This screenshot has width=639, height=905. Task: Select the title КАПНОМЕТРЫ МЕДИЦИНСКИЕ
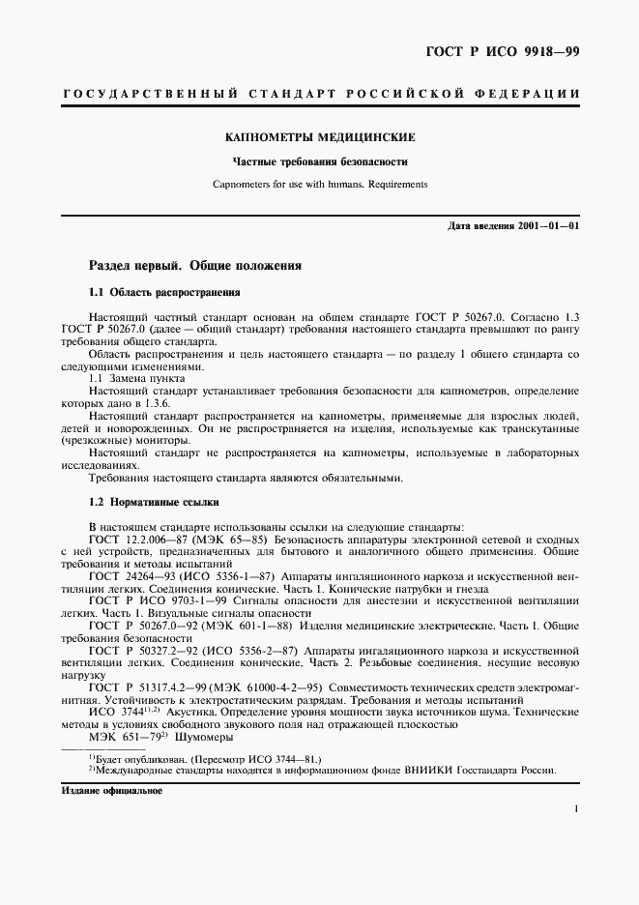[x=320, y=138]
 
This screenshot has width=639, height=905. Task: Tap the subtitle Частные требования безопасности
[x=319, y=162]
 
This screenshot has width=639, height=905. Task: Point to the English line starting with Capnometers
[x=319, y=184]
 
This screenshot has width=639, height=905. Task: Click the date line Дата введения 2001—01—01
[x=513, y=226]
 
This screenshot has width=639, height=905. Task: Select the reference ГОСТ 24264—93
[x=129, y=576]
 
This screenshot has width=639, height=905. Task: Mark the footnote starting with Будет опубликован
[x=203, y=759]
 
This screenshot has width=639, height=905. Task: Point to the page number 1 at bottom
[x=574, y=812]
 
